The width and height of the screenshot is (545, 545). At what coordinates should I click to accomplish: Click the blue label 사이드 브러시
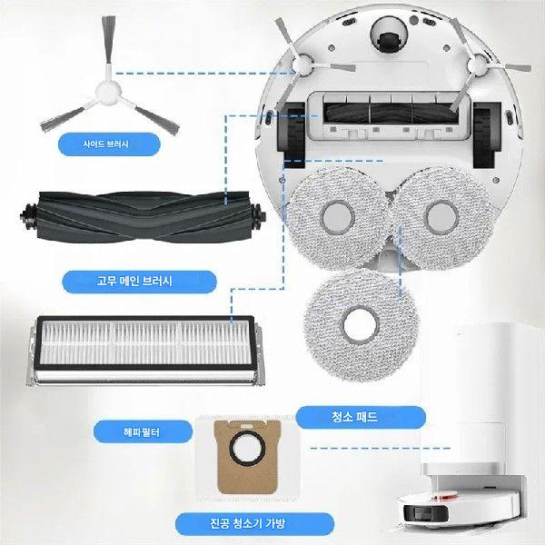(109, 144)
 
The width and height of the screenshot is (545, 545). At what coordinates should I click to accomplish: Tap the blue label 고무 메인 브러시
(139, 282)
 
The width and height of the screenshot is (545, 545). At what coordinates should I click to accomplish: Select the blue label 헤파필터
(143, 431)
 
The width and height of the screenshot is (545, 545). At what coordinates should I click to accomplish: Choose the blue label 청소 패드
(361, 417)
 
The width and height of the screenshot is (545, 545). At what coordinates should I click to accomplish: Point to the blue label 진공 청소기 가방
(254, 524)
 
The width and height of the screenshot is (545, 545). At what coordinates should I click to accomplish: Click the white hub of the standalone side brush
(108, 93)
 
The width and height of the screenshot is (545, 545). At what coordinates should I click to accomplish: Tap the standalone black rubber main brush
(143, 217)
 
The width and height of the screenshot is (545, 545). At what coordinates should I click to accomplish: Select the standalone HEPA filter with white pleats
(145, 350)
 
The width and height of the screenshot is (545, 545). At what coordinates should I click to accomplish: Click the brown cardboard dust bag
(247, 457)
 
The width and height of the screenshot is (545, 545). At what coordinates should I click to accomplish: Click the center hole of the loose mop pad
(360, 325)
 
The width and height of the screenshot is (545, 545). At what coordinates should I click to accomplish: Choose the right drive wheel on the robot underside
(487, 134)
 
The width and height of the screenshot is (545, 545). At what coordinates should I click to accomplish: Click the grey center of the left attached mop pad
(338, 218)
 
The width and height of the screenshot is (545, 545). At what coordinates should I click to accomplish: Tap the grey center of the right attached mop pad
(442, 217)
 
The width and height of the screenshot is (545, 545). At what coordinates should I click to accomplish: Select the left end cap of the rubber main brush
(28, 216)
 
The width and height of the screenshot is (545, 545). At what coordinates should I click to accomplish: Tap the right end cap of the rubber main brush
(258, 217)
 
